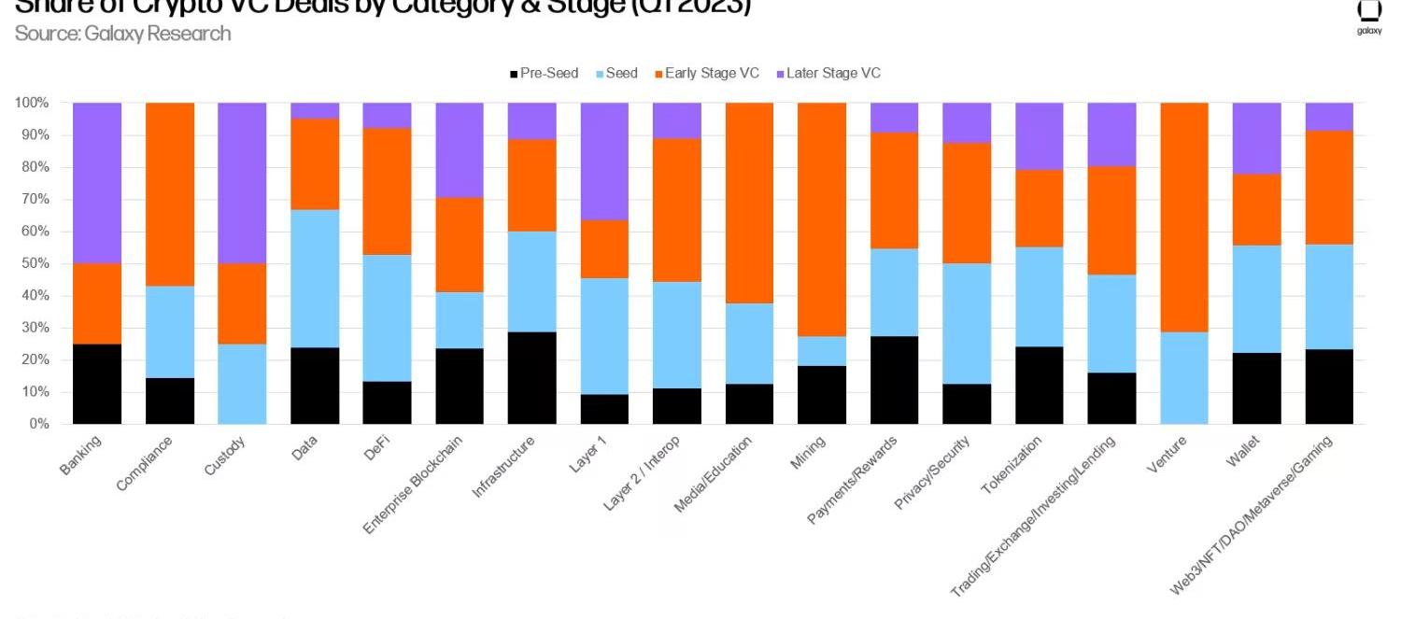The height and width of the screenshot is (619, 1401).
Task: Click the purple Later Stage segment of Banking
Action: [x=97, y=183]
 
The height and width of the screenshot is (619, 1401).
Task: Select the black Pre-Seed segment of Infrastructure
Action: [x=532, y=378]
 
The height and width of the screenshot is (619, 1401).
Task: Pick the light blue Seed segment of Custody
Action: [x=242, y=384]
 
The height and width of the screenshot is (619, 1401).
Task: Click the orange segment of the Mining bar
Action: [x=822, y=219]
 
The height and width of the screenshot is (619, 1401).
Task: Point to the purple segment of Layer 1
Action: [x=605, y=162]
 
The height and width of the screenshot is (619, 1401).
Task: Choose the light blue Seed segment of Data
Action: [x=315, y=278]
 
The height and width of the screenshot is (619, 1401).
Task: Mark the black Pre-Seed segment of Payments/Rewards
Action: [x=895, y=380]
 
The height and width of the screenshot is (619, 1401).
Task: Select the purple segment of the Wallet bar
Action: [x=1256, y=138]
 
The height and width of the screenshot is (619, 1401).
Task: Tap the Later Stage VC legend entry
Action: [x=828, y=73]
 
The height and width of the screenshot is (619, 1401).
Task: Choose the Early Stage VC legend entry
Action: [x=707, y=73]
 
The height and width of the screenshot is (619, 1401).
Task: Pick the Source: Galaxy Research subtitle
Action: [x=122, y=34]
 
